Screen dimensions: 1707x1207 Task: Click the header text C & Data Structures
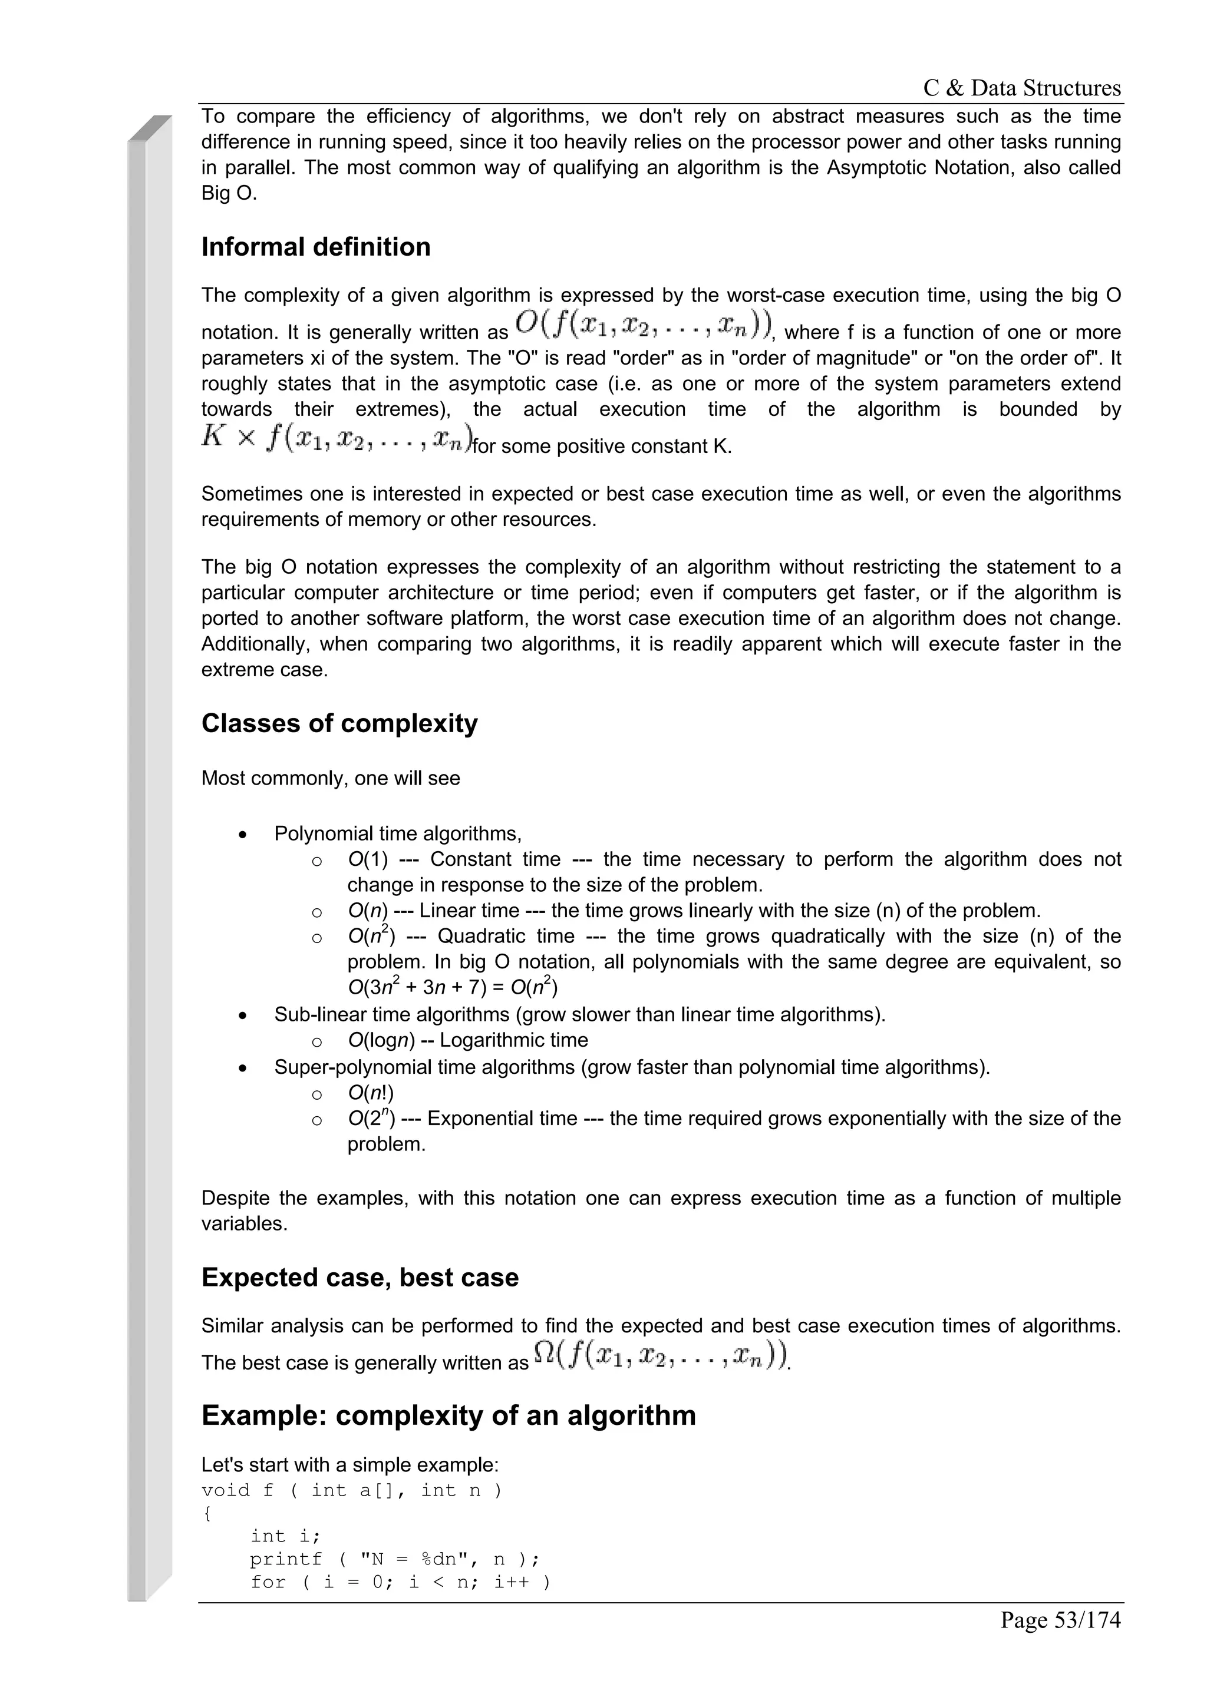pos(1021,88)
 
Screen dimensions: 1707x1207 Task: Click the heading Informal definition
pos(315,247)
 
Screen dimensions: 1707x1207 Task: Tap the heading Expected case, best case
pos(360,1277)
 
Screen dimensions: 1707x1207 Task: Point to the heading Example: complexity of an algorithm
pos(448,1415)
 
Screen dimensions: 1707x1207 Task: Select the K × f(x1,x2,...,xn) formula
pos(336,438)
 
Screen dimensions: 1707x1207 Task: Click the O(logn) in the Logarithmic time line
pos(381,1040)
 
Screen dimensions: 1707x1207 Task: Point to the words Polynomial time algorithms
pos(397,833)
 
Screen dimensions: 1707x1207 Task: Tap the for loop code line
pos(400,1582)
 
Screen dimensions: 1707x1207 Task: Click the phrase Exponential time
pos(502,1118)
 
